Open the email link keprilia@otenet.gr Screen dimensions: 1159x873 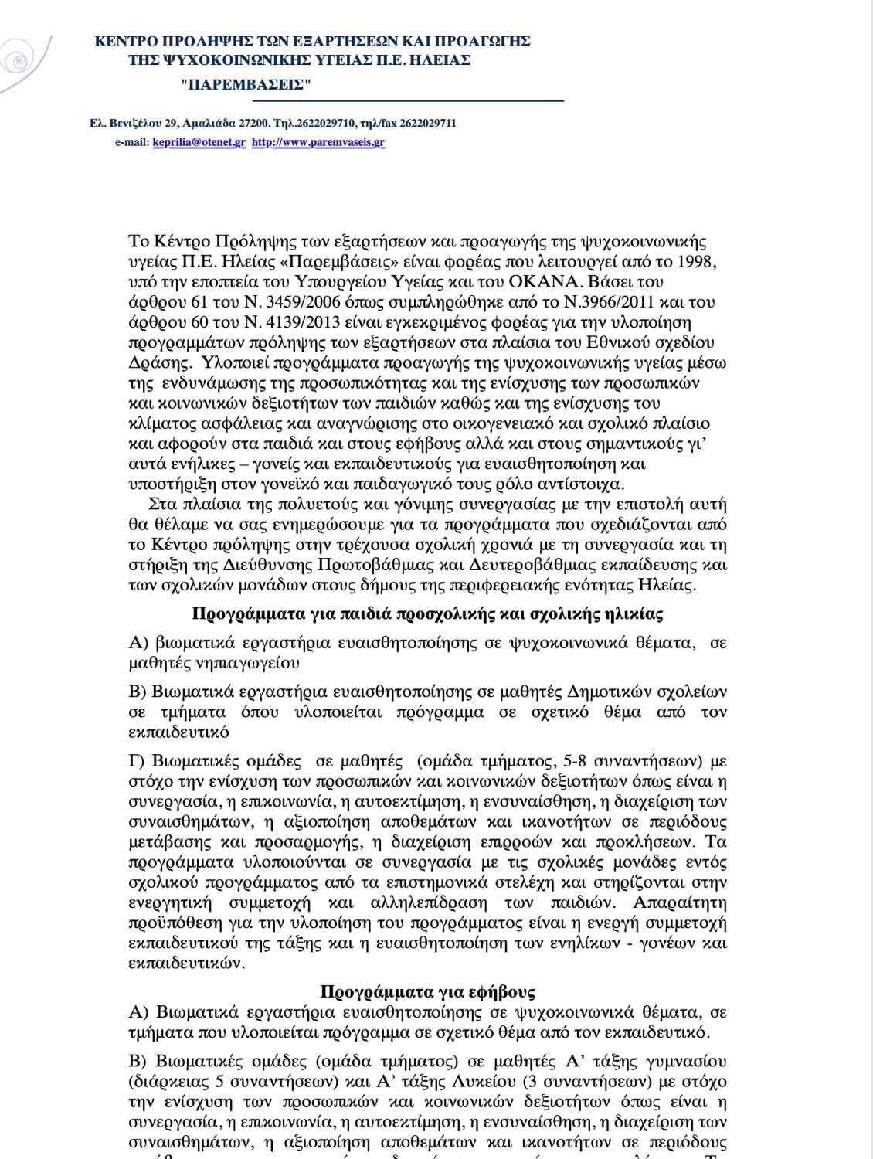click(199, 142)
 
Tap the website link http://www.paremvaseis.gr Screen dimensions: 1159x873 click(318, 142)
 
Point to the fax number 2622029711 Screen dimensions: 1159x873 click(426, 123)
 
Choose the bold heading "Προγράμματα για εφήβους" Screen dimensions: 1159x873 click(427, 992)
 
